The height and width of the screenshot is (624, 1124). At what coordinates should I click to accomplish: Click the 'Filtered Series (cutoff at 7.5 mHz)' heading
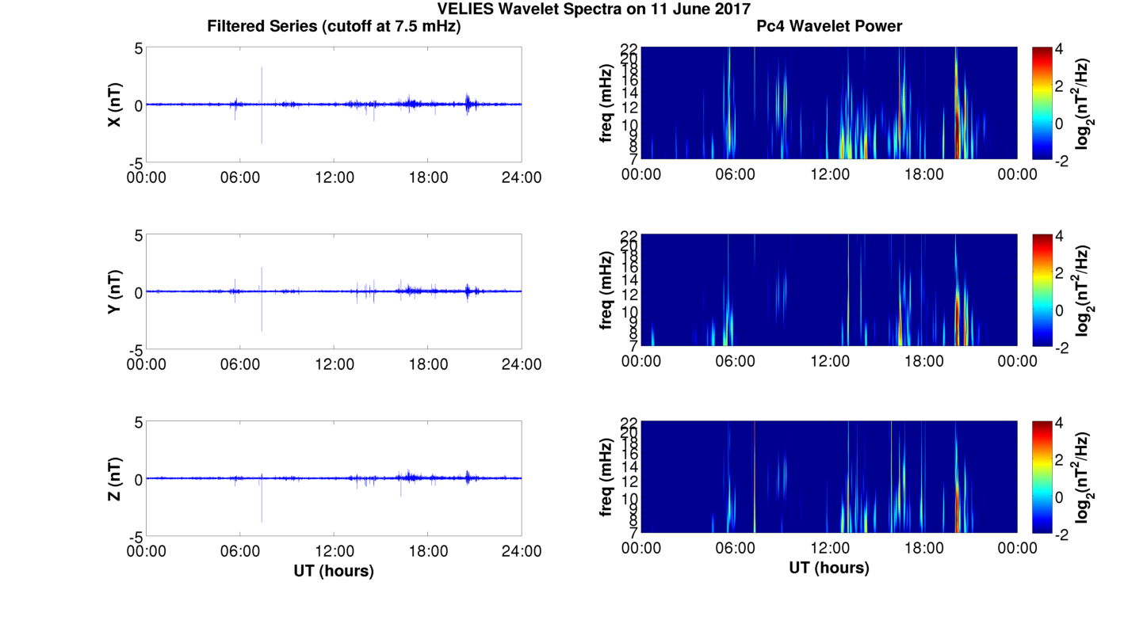pos(334,26)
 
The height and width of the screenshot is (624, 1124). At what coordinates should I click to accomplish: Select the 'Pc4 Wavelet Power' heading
pos(829,26)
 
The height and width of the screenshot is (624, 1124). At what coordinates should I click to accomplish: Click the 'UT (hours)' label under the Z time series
pos(334,570)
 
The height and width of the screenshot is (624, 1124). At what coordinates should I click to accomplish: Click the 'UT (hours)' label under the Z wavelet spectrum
pos(829,568)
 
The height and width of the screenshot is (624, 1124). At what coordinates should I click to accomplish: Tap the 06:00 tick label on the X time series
pos(240,177)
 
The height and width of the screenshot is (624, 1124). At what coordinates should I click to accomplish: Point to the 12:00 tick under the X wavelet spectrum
pos(829,174)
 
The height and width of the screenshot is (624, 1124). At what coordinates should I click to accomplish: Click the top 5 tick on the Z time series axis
pos(137,423)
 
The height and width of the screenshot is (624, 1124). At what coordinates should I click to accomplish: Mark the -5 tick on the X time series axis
pos(135,162)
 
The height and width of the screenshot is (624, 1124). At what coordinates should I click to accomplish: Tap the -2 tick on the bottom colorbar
pos(1063,535)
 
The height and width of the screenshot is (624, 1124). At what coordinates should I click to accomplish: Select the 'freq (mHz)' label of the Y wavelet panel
pos(606,291)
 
